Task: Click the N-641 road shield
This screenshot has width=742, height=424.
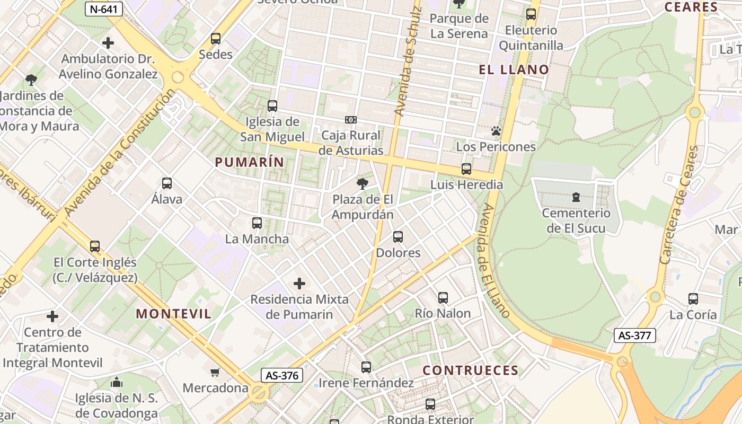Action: pos(104,8)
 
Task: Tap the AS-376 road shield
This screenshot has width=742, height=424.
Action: pos(282,375)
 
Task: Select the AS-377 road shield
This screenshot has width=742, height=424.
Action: pos(635,335)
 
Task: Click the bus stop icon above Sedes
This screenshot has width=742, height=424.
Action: pos(215,39)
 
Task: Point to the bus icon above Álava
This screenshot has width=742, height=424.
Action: pos(167,184)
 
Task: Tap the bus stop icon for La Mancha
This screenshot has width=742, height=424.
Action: pos(257,223)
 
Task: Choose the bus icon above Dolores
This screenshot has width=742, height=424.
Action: pos(398,237)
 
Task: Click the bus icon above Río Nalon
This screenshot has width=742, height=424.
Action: pos(443,298)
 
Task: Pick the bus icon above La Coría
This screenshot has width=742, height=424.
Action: pos(693,299)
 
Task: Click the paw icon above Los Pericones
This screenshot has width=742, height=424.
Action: pos(496,131)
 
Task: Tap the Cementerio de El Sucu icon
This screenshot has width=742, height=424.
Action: pos(576,198)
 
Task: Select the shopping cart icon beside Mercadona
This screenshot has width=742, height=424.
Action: pos(215,372)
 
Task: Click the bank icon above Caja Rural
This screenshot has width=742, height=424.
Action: pos(350,120)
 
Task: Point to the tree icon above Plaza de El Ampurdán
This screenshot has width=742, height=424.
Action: pos(363,184)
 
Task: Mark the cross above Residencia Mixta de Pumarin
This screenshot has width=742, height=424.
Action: pos(299,284)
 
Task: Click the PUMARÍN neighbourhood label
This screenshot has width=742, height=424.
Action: pos(249,162)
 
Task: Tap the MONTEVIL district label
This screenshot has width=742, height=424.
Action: pos(174,313)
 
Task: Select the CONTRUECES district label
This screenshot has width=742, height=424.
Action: pos(471,370)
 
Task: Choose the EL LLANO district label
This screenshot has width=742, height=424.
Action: pos(514,69)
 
